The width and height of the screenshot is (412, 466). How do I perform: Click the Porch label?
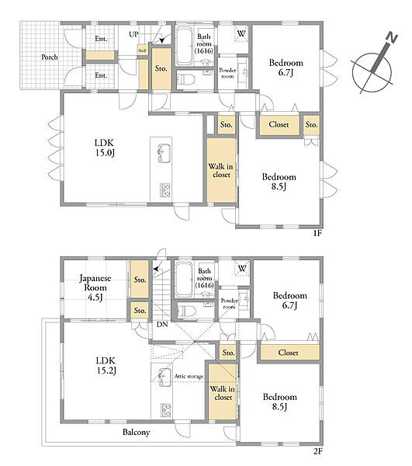[50, 57]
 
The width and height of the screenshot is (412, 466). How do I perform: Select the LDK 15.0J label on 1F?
[105, 148]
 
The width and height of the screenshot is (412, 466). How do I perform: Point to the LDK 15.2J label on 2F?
[106, 366]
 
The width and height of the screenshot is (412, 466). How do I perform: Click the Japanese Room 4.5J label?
[95, 287]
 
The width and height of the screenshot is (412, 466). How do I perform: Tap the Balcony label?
[137, 432]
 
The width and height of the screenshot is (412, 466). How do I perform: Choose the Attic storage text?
[189, 377]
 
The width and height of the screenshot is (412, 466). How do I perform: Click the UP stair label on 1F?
[133, 34]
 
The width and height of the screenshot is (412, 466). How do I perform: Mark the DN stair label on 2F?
[162, 325]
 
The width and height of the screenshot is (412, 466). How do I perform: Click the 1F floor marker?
[317, 233]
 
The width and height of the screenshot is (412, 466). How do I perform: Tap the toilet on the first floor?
[185, 80]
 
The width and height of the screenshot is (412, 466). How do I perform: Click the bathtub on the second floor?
[184, 280]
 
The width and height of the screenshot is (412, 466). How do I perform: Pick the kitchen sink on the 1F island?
[164, 153]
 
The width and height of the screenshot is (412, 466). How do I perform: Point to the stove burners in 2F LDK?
[166, 410]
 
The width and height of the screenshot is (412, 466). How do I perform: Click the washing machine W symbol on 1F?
[241, 33]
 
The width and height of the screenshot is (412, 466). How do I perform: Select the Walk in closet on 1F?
[221, 170]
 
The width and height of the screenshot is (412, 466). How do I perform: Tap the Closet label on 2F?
[288, 353]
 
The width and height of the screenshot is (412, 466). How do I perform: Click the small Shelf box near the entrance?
[142, 50]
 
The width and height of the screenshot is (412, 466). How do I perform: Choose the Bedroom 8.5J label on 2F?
[279, 402]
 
